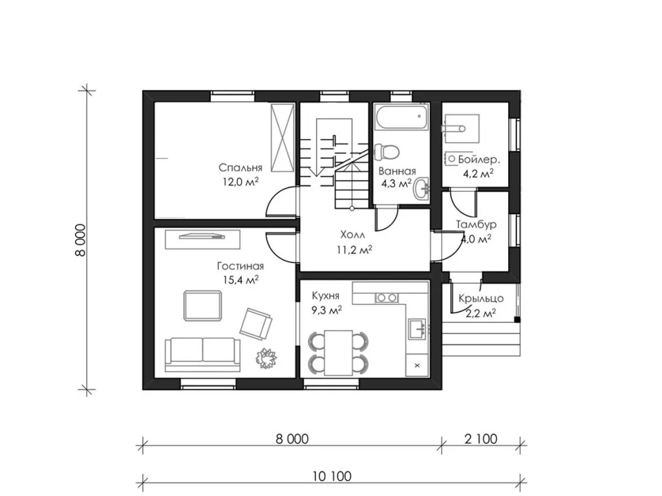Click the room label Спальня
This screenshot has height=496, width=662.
coord(240,168)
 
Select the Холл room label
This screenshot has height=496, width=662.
coord(353,235)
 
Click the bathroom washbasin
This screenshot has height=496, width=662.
coord(421,189)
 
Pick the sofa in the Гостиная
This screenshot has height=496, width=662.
coord(202,355)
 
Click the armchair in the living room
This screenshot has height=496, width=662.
coord(256,324)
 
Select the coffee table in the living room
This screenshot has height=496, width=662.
coord(202,305)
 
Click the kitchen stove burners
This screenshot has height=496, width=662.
coord(387,298)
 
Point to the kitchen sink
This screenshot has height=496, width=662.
coord(418,329)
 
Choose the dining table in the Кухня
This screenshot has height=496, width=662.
coord(339,353)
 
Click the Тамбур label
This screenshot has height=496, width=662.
coord(476,224)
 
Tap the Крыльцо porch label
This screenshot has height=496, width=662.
coord(481,298)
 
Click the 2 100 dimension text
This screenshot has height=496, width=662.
coord(481,439)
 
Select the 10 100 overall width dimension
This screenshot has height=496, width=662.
coord(332,476)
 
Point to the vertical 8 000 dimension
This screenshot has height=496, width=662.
coord(80,240)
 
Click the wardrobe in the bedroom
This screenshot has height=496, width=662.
coord(283,138)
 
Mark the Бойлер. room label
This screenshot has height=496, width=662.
coord(479,160)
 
